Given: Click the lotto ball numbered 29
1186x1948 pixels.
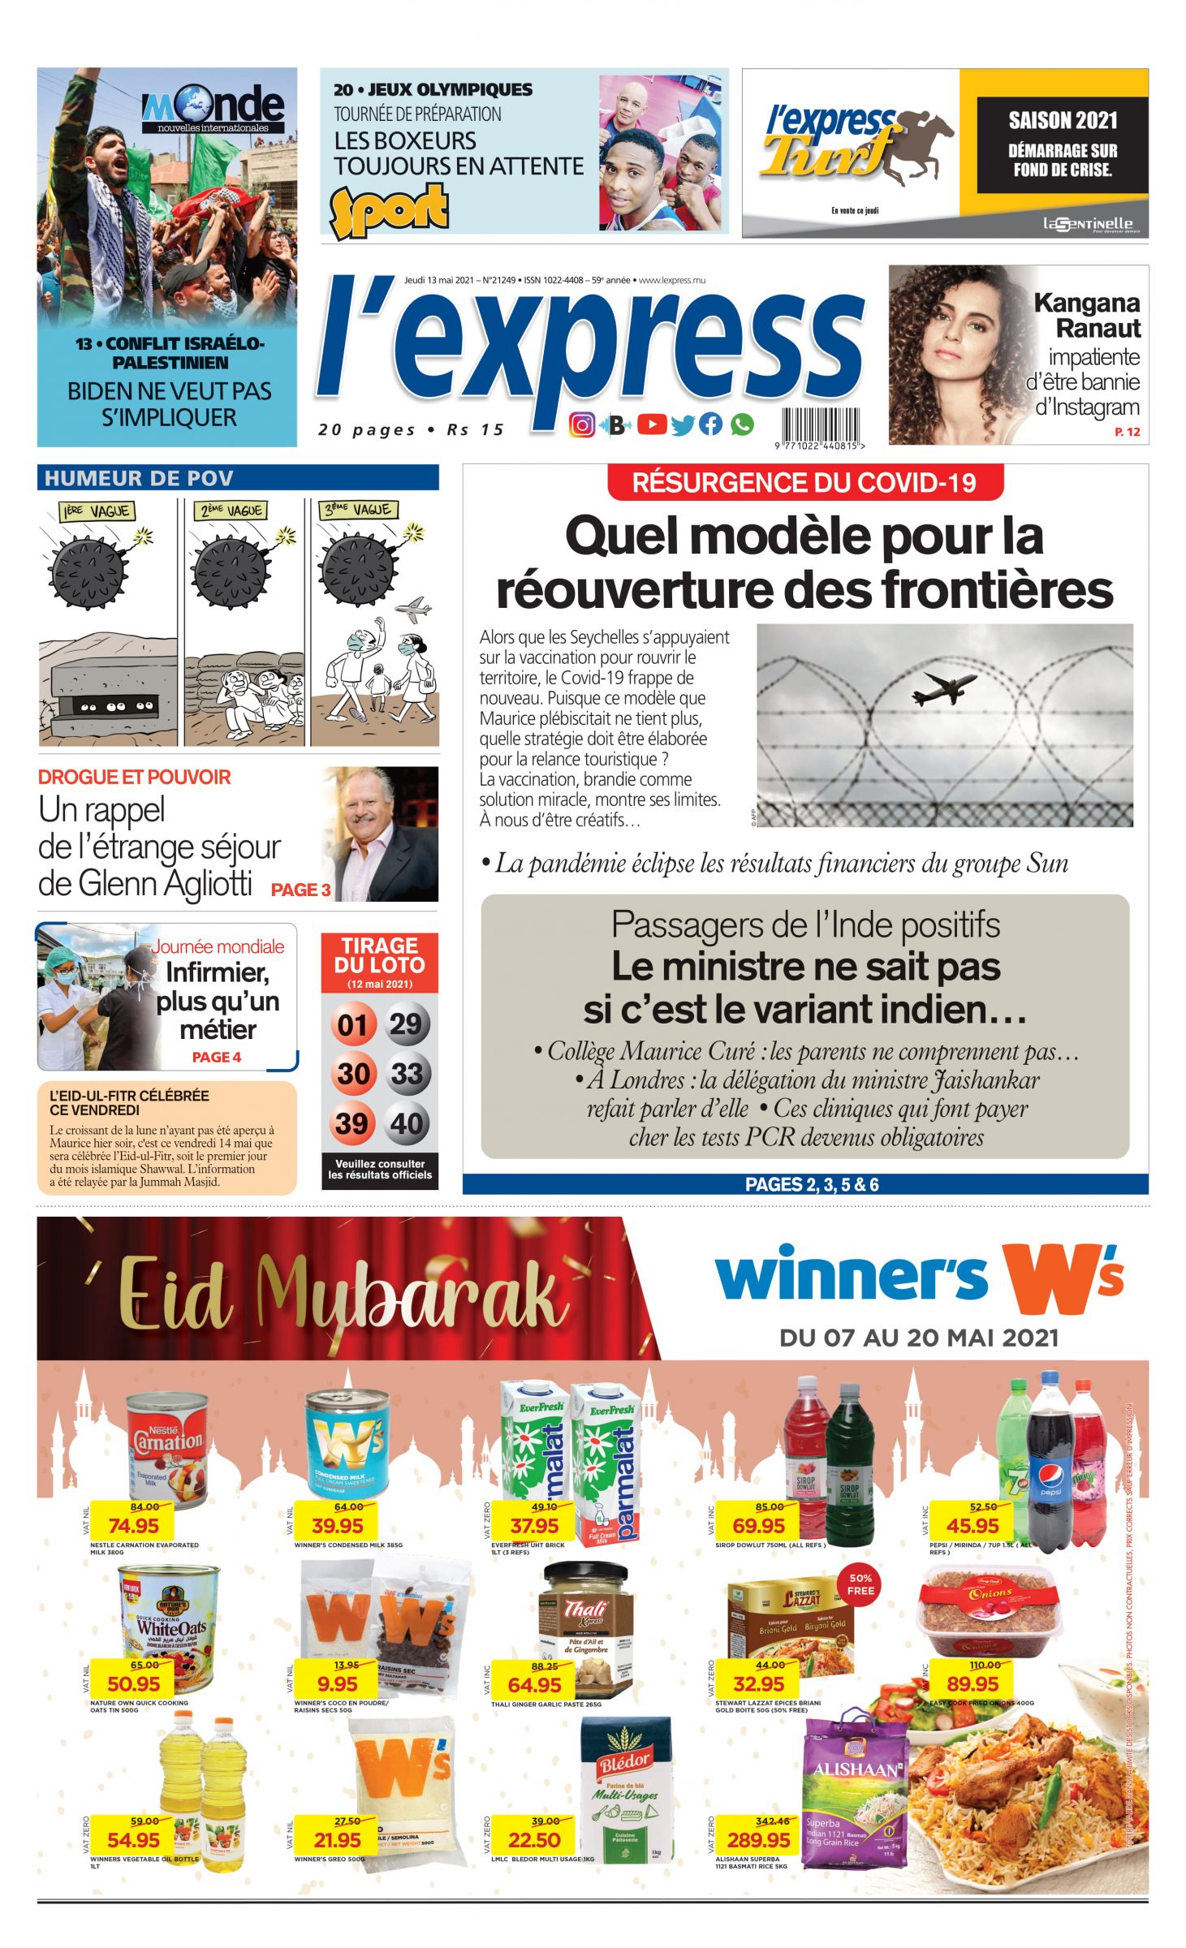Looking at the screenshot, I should coord(406,1024).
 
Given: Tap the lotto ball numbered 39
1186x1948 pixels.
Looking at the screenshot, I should coord(351,1123).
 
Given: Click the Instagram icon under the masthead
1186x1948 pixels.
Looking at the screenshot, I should coord(581,425).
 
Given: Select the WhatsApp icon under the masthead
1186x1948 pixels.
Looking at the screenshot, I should coord(742,424).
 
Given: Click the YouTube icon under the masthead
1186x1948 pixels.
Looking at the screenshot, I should coord(652,424).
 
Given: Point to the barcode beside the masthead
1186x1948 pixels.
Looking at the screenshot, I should coord(820,425).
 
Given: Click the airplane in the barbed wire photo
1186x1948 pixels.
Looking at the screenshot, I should coord(943,687).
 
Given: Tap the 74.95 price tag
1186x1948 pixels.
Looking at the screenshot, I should coord(134,1526).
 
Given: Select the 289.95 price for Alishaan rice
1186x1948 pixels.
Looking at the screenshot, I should coord(758,1839).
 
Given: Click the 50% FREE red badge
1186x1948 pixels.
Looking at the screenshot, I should coord(860,1584).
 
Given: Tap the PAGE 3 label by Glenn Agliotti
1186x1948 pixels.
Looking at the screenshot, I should coord(300,890).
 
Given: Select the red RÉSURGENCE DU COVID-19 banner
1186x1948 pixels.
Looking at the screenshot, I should coord(804,483).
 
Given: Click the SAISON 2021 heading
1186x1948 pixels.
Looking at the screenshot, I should coord(1063,121).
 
